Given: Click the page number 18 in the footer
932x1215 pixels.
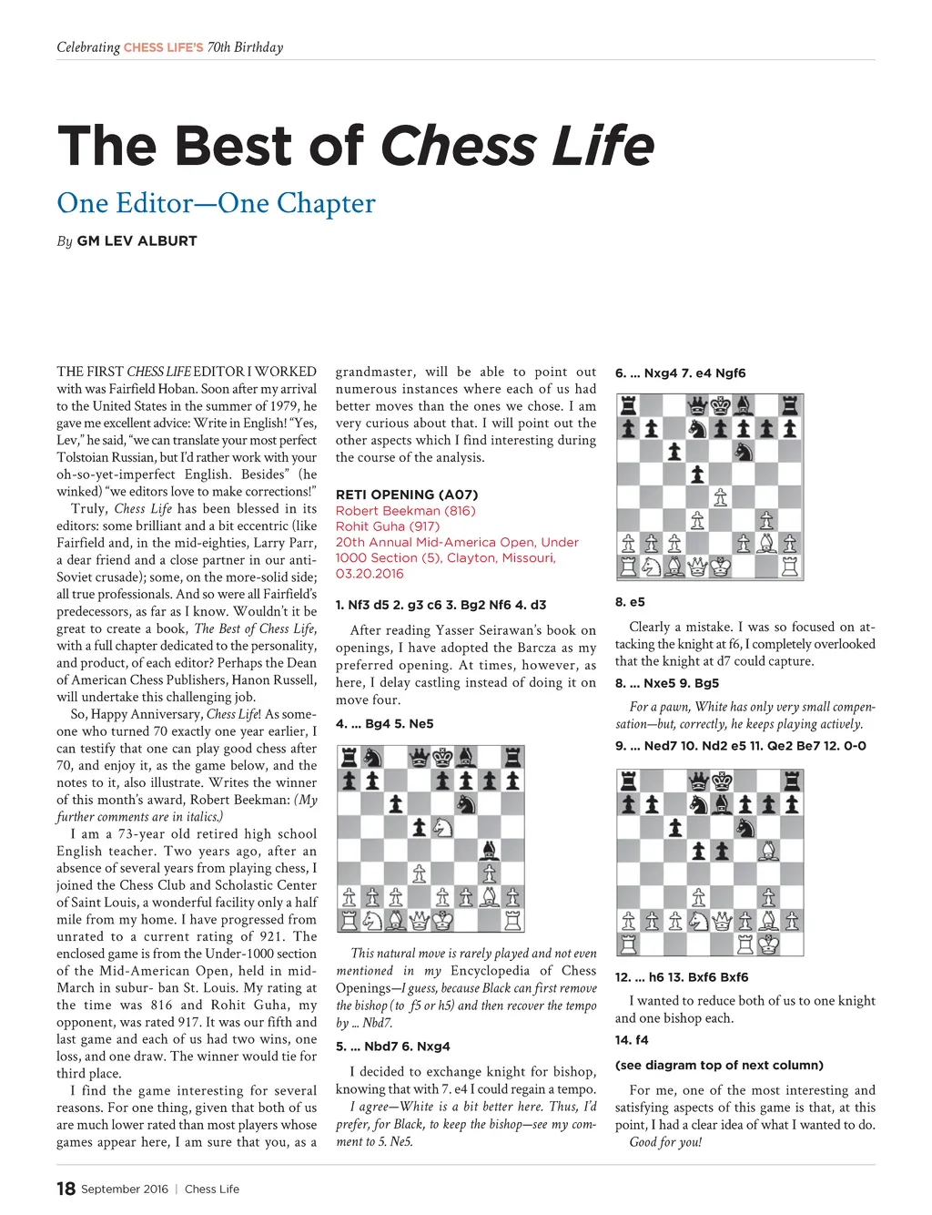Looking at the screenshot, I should click(66, 1189).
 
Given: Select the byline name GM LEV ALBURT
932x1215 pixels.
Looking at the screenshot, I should click(137, 241).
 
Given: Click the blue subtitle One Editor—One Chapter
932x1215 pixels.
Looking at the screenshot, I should click(216, 203).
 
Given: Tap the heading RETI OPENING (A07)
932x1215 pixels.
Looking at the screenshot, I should click(407, 495).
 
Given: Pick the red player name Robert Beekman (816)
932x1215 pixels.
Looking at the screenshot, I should click(405, 511).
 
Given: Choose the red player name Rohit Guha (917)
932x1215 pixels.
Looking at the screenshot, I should click(388, 526).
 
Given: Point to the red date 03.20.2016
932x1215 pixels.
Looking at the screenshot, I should click(370, 574).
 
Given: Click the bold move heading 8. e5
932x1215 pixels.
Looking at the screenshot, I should click(630, 602).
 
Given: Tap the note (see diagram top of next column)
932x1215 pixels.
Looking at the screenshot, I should click(719, 1066).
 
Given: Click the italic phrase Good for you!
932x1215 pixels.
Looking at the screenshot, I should click(665, 1142).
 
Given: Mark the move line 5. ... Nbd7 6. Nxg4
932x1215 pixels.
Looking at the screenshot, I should click(392, 1047).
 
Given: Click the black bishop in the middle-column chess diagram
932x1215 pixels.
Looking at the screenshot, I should click(490, 851).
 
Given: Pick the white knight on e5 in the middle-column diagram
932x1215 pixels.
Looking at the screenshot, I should click(443, 827).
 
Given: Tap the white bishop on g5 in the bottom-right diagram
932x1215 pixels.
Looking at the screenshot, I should click(769, 851).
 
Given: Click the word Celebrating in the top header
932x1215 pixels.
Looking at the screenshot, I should click(88, 47).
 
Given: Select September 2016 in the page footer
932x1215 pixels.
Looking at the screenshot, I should click(125, 1189).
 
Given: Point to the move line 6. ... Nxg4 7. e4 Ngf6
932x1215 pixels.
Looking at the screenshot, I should click(680, 373).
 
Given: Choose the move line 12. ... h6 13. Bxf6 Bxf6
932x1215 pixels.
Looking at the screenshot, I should click(682, 977).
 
